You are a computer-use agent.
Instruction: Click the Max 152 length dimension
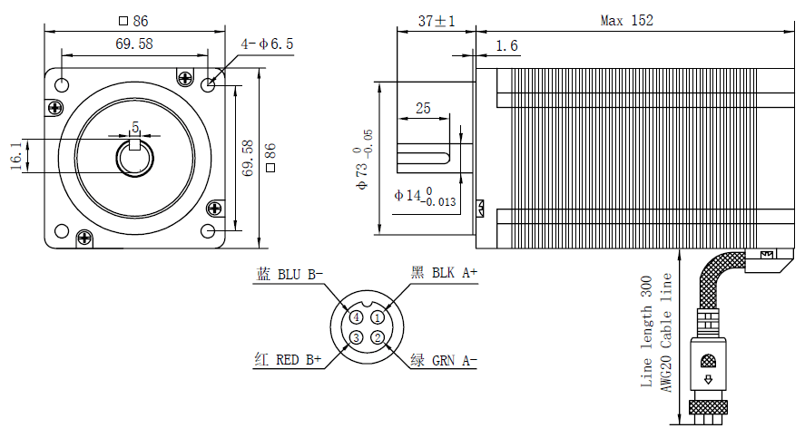pyautogui.click(x=626, y=20)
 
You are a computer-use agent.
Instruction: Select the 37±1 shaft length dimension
pyautogui.click(x=437, y=20)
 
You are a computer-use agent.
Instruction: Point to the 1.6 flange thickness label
pyautogui.click(x=507, y=46)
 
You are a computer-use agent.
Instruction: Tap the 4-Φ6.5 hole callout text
pyautogui.click(x=267, y=44)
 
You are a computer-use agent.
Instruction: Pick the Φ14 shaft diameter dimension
pyautogui.click(x=425, y=196)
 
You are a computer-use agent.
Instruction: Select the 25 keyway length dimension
pyautogui.click(x=423, y=109)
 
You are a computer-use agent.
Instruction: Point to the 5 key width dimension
pyautogui.click(x=135, y=127)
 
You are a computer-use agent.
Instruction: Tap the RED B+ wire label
pyautogui.click(x=288, y=360)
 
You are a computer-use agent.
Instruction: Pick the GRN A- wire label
pyautogui.click(x=444, y=360)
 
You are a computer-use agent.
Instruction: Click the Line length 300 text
pyautogui.click(x=647, y=332)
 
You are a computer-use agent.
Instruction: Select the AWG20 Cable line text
pyautogui.click(x=666, y=332)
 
